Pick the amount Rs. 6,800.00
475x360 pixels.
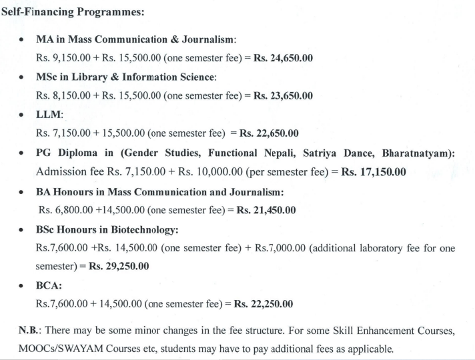pos(62,210)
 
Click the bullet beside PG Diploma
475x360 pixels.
pos(23,153)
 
